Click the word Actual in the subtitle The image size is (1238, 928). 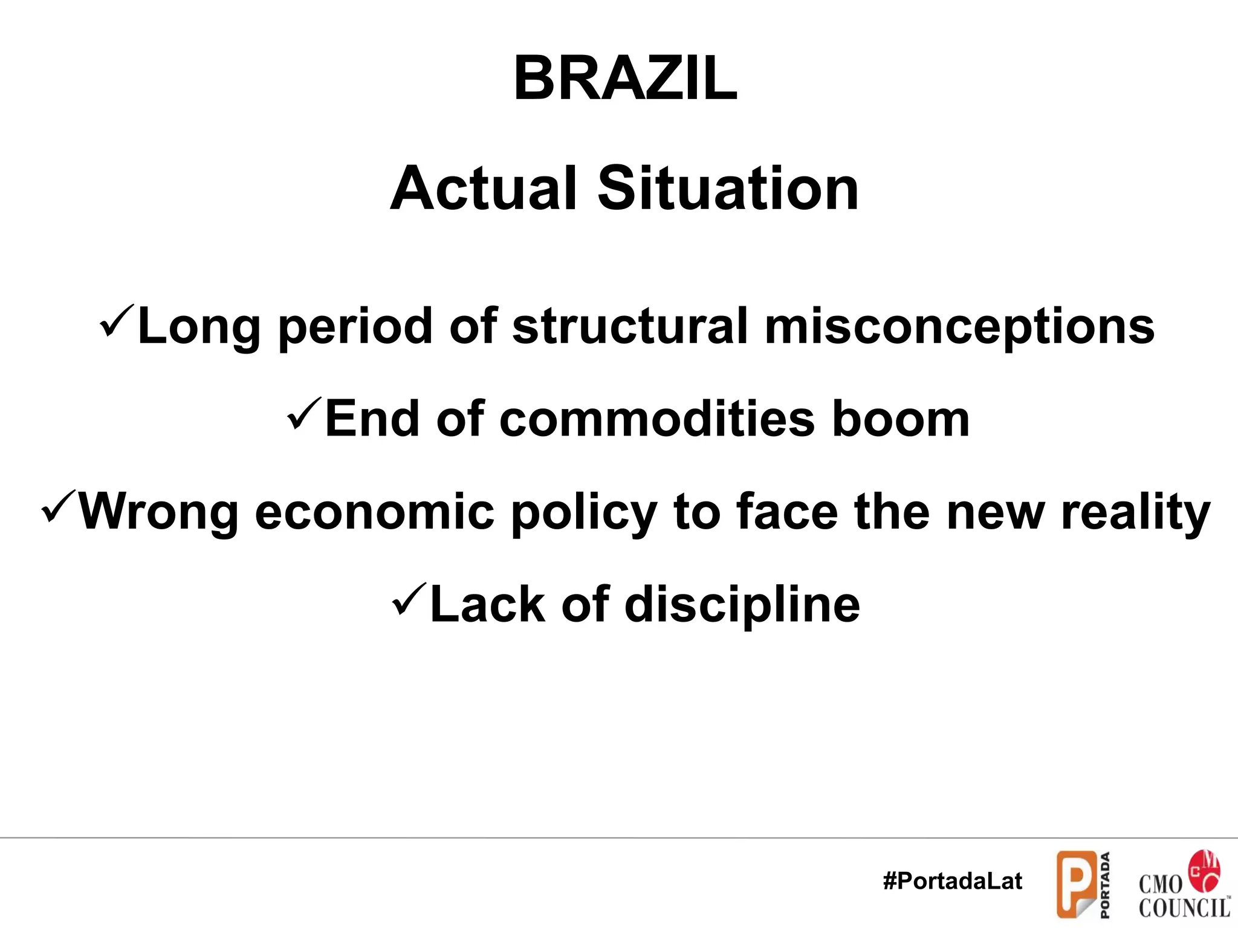coord(483,189)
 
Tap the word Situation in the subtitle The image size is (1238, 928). coord(728,189)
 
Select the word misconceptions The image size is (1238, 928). coord(959,327)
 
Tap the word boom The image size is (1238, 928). coord(901,419)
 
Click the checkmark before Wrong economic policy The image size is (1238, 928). coord(59,507)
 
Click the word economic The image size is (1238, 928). coord(374,512)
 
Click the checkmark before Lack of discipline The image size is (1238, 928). coord(410,599)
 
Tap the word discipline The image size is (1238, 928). coord(742,605)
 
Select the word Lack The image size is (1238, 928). coord(487,605)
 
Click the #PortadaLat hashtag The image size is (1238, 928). coord(952,881)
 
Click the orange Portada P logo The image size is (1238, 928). coord(1076,883)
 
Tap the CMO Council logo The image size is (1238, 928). coord(1183,885)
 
